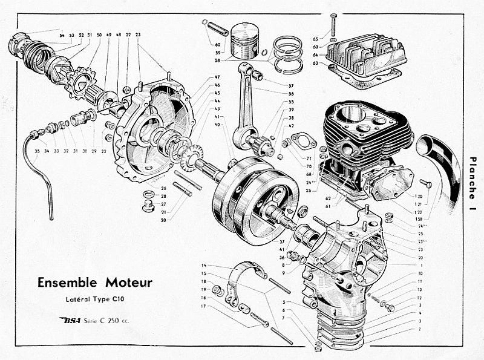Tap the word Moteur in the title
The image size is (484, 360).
(129, 282)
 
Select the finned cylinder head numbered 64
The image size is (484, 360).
(364, 57)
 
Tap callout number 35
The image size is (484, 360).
(38, 150)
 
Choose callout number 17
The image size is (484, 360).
(204, 306)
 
